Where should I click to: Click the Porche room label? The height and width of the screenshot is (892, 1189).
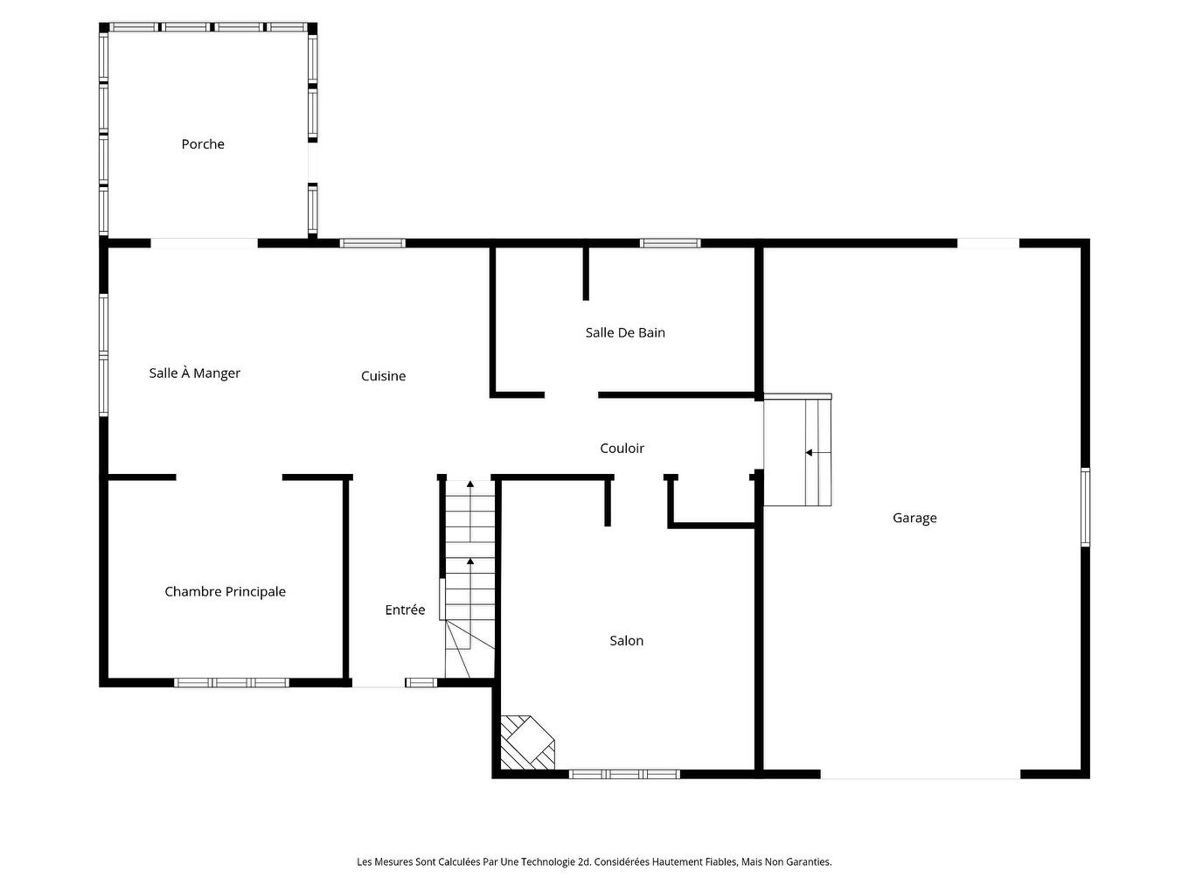click(203, 144)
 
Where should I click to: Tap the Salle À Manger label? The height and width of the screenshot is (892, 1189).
click(194, 373)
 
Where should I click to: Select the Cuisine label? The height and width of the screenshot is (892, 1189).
click(383, 376)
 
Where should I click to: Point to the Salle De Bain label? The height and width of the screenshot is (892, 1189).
click(625, 332)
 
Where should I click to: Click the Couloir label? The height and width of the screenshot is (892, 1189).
click(622, 449)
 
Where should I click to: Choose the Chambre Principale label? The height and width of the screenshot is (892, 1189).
click(225, 592)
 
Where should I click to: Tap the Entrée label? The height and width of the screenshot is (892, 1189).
click(405, 610)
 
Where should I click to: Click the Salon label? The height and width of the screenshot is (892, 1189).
click(626, 641)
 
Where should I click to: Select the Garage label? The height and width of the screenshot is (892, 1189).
click(914, 518)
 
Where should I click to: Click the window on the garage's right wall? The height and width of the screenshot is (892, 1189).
click(1085, 507)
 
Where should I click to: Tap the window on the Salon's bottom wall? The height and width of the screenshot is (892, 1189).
click(624, 774)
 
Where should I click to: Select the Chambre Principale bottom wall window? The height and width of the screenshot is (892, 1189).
click(232, 682)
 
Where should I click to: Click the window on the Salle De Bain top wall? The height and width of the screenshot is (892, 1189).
click(670, 243)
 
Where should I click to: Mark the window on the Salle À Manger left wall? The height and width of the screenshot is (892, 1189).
click(104, 354)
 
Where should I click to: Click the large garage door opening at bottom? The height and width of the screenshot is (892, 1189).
click(920, 775)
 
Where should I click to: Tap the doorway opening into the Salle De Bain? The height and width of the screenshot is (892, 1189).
click(571, 395)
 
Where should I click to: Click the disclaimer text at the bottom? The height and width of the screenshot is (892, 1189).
click(594, 861)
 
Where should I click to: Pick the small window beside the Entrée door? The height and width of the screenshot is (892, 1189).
click(421, 682)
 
